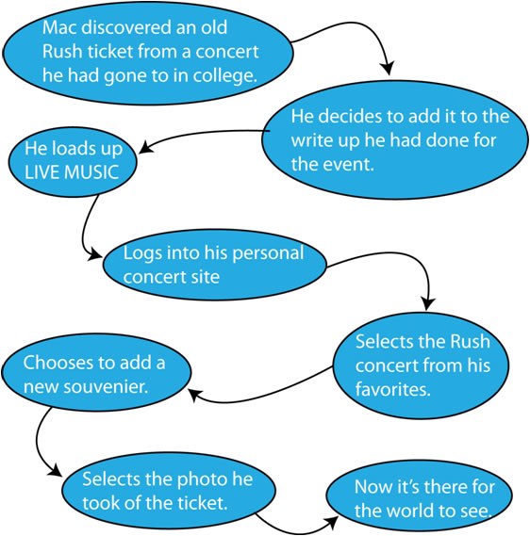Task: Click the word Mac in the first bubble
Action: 59,27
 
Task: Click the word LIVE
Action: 42,172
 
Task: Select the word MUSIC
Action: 91,172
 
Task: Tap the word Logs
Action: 143,254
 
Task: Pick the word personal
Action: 268,253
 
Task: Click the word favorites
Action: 393,389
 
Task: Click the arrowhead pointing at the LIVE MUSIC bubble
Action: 146,147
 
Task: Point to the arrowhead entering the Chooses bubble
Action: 195,396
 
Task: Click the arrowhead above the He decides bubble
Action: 388,68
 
